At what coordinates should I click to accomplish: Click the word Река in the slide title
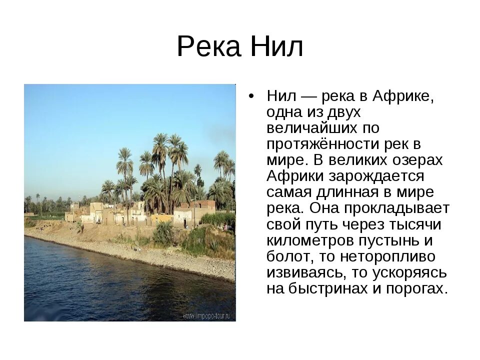tap(206, 47)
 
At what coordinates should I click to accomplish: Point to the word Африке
tap(404, 96)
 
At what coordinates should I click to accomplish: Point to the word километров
tap(310, 240)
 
